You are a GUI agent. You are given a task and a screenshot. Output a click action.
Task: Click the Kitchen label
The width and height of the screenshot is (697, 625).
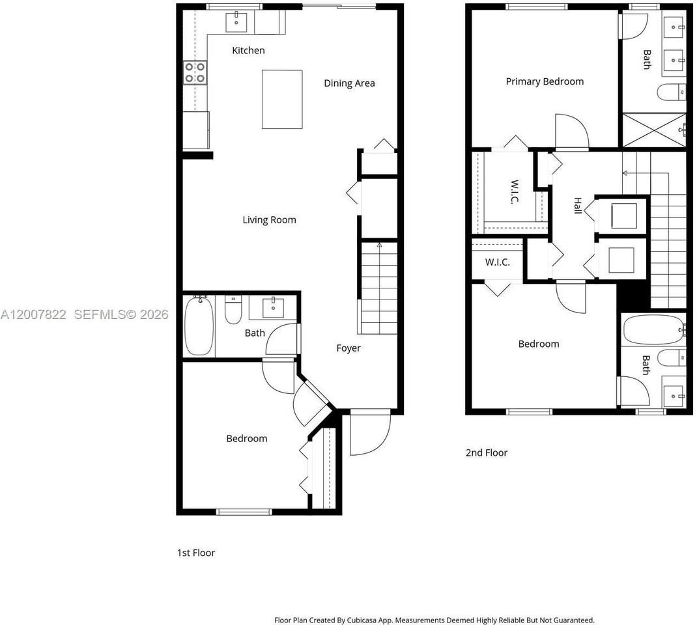(249, 50)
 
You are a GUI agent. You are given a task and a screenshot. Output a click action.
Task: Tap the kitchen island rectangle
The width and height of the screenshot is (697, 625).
(282, 99)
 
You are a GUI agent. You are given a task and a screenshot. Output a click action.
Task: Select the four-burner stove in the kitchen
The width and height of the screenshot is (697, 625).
(195, 72)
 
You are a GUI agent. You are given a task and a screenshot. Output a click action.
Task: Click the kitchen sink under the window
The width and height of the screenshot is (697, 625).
(236, 22)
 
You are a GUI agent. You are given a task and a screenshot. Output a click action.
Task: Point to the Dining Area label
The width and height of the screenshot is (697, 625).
(349, 83)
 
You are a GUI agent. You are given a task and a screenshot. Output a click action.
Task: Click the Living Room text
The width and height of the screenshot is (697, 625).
(269, 219)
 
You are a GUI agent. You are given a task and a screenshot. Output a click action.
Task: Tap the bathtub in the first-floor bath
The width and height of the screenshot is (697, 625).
(199, 326)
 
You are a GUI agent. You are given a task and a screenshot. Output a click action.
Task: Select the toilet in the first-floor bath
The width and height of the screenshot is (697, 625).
(233, 311)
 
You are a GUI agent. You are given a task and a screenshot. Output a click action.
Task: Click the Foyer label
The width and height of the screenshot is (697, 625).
(348, 348)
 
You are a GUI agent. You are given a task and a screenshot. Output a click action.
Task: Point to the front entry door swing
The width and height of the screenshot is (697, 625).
(369, 433)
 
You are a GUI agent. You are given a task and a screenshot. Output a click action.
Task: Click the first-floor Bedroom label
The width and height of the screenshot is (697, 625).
(247, 438)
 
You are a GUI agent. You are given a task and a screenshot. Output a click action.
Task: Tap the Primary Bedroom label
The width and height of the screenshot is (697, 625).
(545, 81)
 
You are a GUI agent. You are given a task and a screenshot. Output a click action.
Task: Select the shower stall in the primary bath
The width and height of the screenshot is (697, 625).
(653, 130)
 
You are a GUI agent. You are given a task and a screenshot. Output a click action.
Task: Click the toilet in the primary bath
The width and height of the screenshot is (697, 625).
(671, 93)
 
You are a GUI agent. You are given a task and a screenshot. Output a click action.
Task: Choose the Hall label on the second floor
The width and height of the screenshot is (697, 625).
(577, 205)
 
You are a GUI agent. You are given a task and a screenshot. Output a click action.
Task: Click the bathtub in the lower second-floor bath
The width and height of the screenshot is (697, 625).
(653, 329)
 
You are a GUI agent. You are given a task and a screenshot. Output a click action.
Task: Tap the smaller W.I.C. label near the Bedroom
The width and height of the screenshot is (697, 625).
(497, 262)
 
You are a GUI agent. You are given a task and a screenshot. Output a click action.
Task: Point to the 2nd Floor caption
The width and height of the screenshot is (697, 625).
(487, 452)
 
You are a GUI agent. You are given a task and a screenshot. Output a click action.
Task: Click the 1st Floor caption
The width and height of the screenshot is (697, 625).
(196, 553)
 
